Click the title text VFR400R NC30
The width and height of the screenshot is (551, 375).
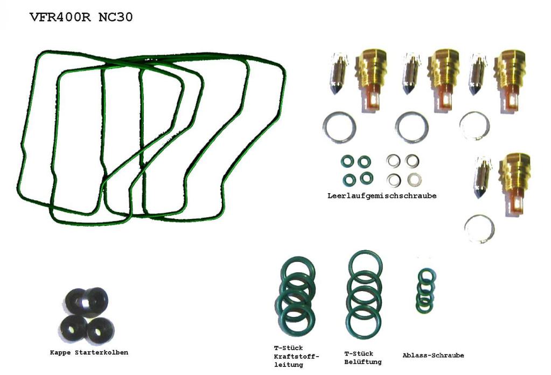(81, 17)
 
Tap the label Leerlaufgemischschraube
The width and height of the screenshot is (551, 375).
(382, 196)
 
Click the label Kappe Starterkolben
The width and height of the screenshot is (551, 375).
(89, 352)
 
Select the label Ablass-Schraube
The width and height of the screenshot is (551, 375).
(433, 355)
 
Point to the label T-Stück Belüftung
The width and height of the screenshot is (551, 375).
(363, 358)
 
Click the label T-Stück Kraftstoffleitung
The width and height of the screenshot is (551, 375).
(296, 356)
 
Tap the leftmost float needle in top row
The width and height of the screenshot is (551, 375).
(338, 74)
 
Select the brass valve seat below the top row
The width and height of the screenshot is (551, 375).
(515, 182)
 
